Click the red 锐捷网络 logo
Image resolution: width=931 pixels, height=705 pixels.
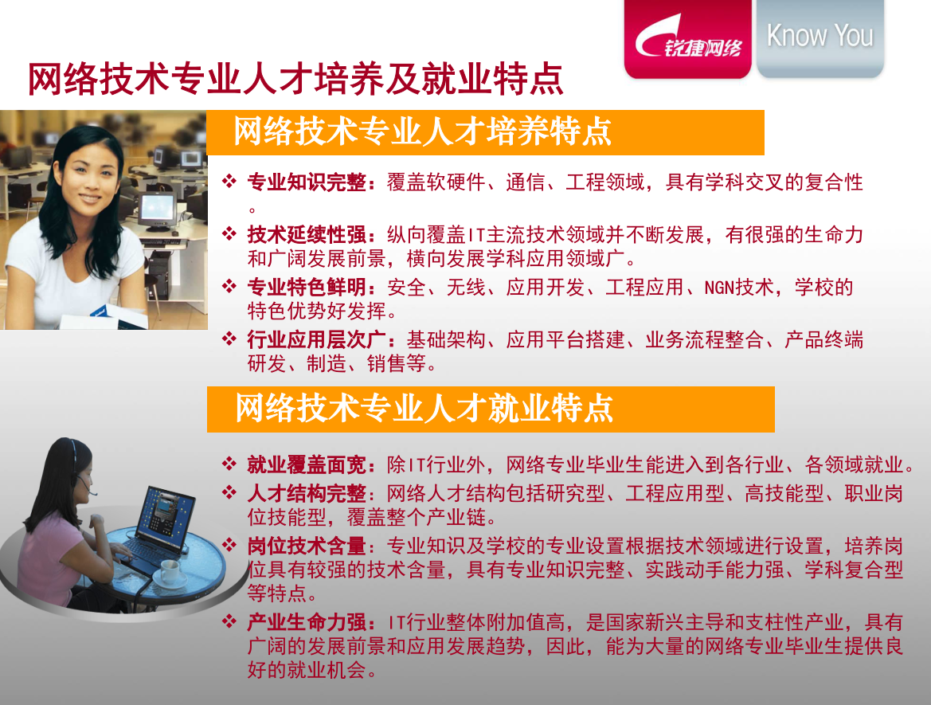[x=687, y=38]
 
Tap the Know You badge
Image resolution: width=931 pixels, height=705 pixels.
[x=820, y=37]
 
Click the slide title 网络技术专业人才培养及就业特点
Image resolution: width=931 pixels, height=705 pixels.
[x=295, y=78]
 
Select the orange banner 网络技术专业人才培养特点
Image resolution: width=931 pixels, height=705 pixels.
[x=486, y=132]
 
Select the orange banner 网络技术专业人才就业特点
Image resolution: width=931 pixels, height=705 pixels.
[x=491, y=409]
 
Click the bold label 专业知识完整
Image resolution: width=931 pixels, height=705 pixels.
[x=307, y=182]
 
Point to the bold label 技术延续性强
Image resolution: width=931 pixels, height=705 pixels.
[x=307, y=235]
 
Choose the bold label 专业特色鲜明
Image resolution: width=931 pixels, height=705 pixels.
[x=307, y=287]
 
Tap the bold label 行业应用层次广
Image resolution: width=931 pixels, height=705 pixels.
[x=316, y=339]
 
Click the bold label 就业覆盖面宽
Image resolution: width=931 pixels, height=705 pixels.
[x=307, y=464]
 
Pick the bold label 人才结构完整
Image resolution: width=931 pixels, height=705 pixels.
[x=307, y=493]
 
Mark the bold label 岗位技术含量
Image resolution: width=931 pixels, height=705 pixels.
[x=307, y=545]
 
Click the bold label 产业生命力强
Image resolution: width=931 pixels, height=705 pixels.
[x=307, y=622]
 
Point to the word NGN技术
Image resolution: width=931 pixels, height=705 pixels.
[x=738, y=288]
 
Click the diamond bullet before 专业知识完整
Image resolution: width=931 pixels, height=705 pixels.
[x=229, y=181]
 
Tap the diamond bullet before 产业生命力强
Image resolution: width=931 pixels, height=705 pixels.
[x=229, y=621]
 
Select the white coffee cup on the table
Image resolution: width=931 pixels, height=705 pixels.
[x=168, y=573]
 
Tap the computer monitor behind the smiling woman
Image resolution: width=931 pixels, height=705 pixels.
[x=158, y=209]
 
